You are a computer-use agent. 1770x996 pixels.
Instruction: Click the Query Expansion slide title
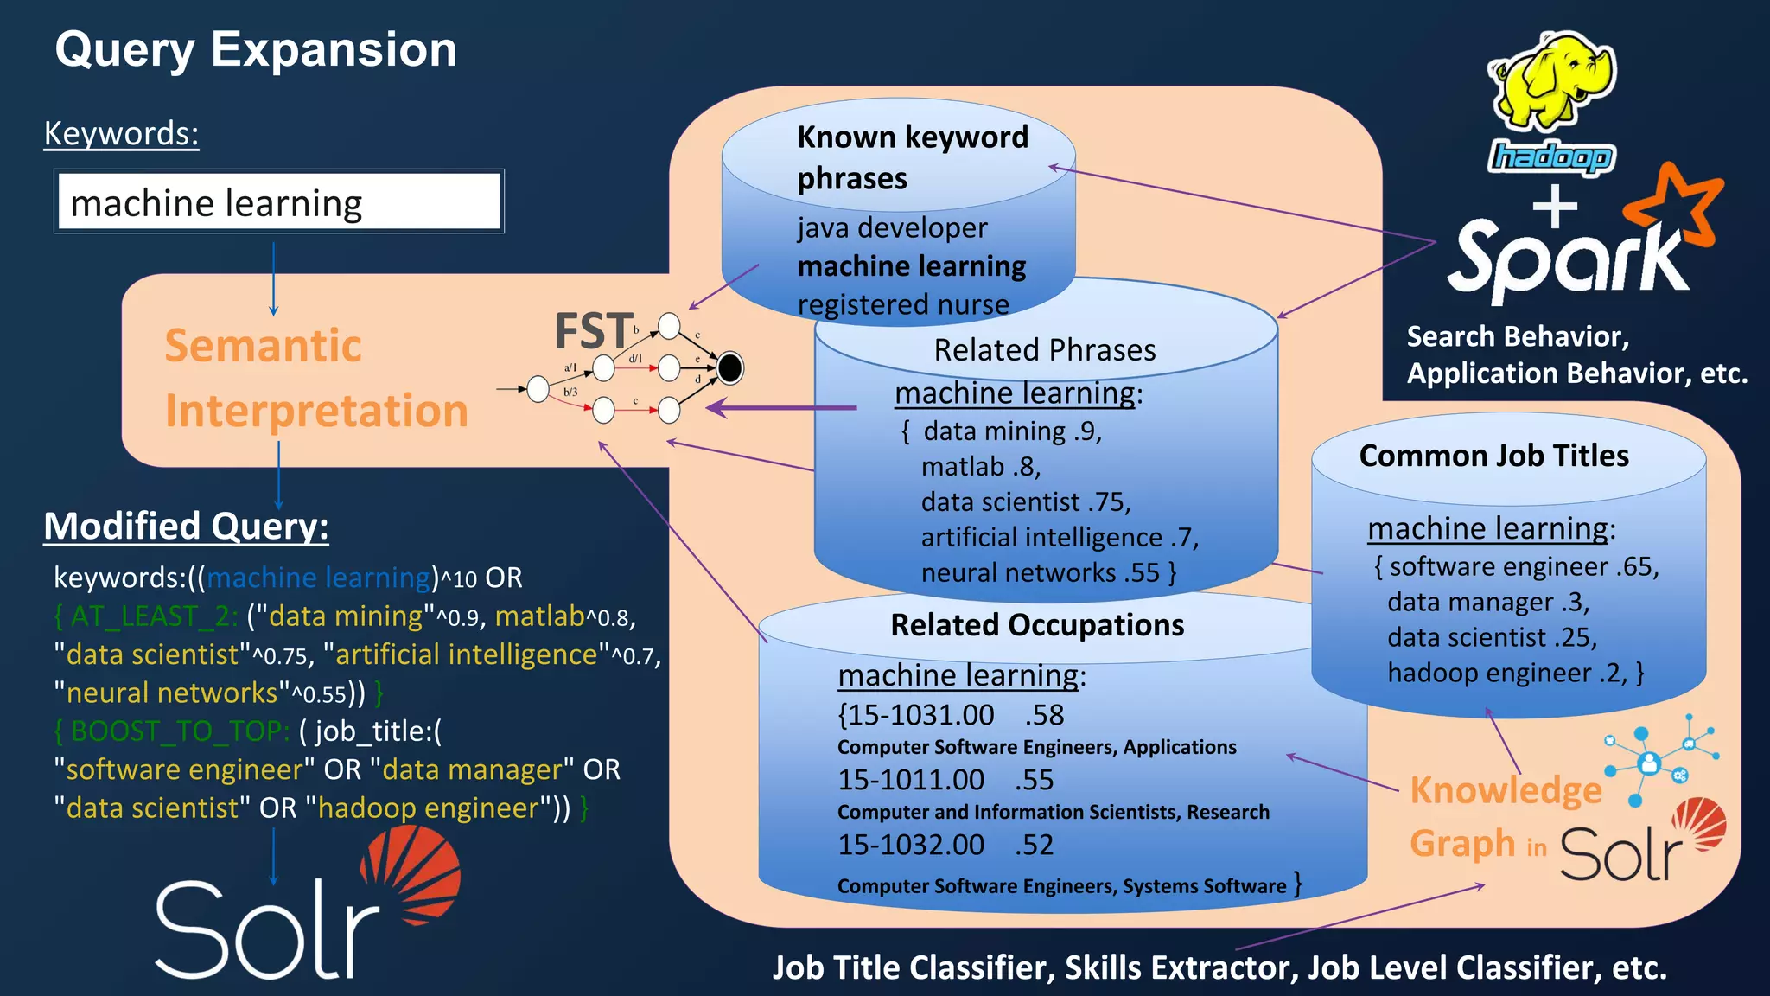pyautogui.click(x=256, y=49)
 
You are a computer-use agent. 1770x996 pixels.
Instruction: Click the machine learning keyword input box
pyautogui.click(x=278, y=201)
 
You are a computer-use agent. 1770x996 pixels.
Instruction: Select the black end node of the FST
pyautogui.click(x=729, y=368)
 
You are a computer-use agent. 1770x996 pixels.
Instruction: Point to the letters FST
pyautogui.click(x=593, y=331)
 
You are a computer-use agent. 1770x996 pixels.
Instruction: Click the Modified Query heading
pyautogui.click(x=186, y=526)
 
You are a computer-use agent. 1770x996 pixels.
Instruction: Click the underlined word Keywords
pyautogui.click(x=121, y=134)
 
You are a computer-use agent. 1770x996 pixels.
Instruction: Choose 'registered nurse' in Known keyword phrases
pyautogui.click(x=902, y=304)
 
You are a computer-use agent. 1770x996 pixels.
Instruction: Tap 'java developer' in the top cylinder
pyautogui.click(x=892, y=227)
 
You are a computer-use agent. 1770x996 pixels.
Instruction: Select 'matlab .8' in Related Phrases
pyautogui.click(x=980, y=467)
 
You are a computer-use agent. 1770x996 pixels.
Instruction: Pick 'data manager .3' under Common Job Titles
pyautogui.click(x=1487, y=602)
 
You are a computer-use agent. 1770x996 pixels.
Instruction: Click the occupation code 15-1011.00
pyautogui.click(x=911, y=780)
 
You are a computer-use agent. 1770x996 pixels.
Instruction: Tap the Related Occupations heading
pyautogui.click(x=1037, y=625)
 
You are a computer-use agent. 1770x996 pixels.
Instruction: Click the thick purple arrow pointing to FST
pyautogui.click(x=781, y=407)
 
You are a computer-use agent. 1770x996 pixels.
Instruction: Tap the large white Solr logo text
pyautogui.click(x=268, y=929)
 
